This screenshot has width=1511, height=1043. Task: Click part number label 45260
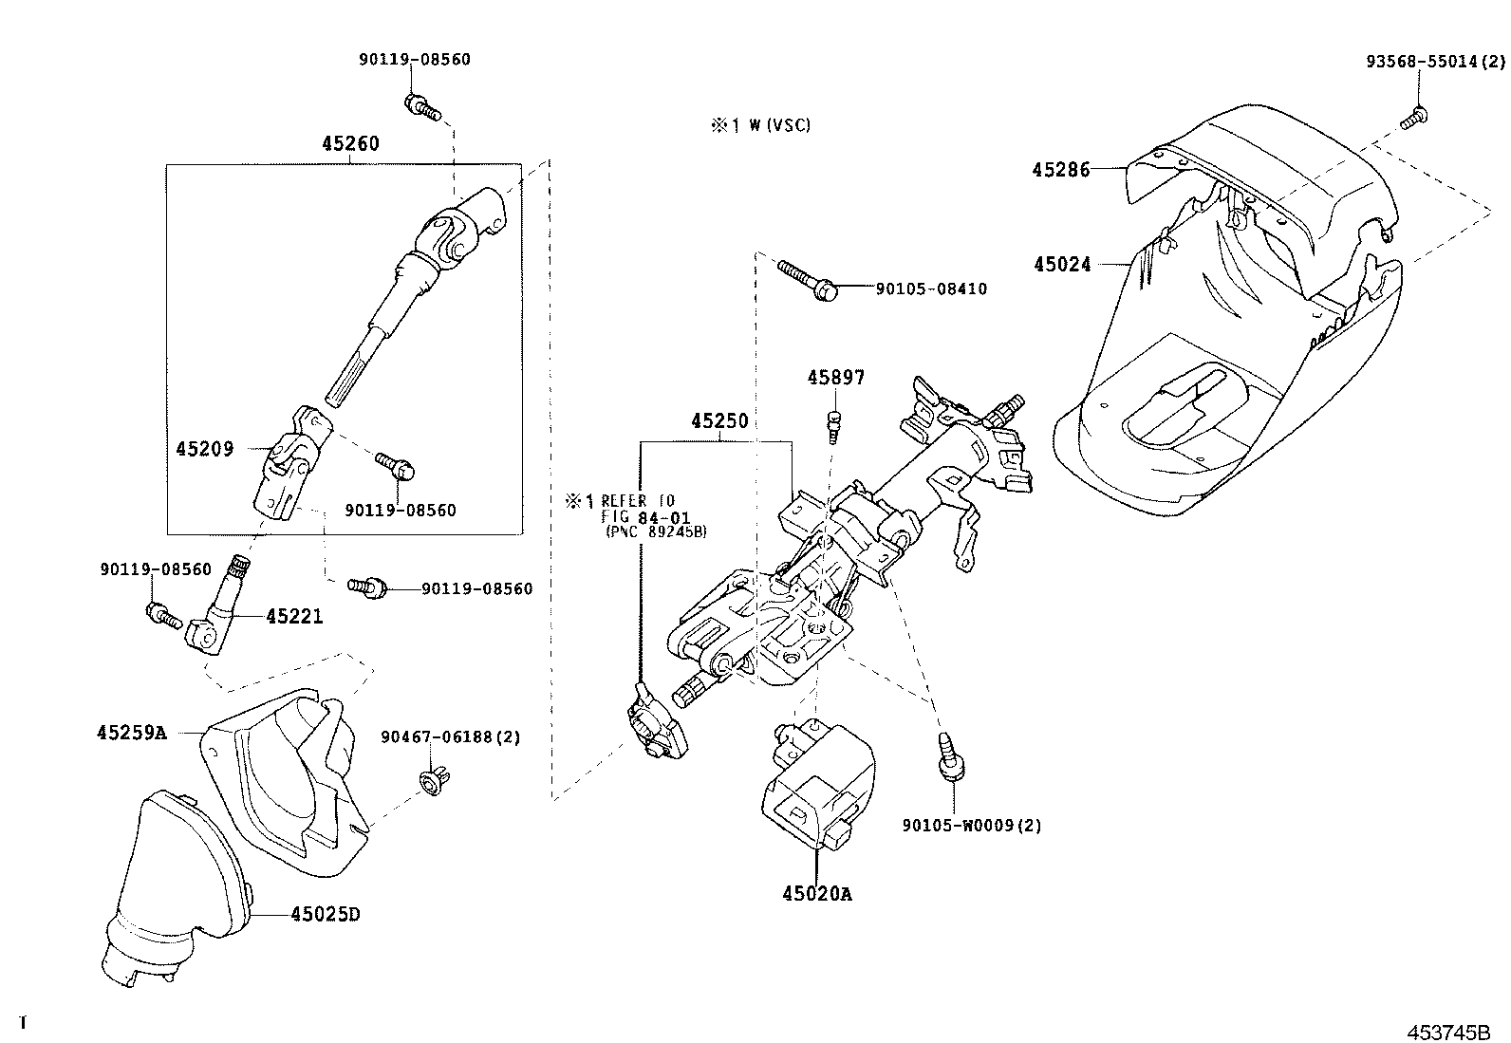[x=349, y=144]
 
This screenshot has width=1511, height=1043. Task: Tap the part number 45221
[x=294, y=617]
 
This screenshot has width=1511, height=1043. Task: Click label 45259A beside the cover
[x=131, y=733]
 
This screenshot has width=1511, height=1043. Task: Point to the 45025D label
[x=326, y=914]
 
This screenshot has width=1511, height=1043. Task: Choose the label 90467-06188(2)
[x=450, y=736]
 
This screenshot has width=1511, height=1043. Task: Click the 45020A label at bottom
[x=817, y=893]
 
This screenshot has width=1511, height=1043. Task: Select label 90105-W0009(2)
[x=971, y=826]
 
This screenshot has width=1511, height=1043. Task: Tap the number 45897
[x=836, y=378]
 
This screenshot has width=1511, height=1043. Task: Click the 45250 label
[x=718, y=420]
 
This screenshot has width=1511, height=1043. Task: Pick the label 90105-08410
[x=930, y=289]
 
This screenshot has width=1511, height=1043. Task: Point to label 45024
[x=1062, y=265]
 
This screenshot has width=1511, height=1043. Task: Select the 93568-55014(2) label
[x=1435, y=62]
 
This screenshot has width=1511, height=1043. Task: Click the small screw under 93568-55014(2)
[x=1413, y=119]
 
